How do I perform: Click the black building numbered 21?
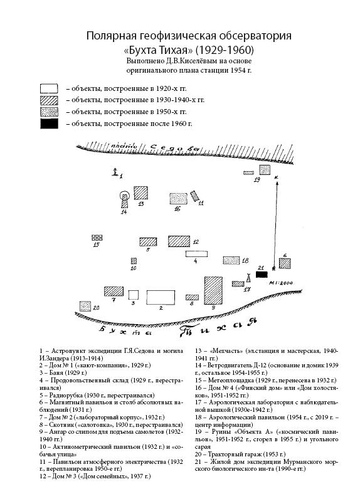pyautogui.click(x=262, y=275)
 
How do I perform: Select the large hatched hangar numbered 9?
pyautogui.click(x=213, y=290)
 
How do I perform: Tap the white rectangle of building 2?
pyautogui.click(x=161, y=297)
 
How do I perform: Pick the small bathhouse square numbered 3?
pyautogui.click(x=134, y=295)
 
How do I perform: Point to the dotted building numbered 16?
pyautogui.click(x=178, y=199)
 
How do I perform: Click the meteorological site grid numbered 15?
pyautogui.click(x=97, y=238)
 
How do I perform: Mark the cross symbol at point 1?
pyautogui.click(x=115, y=172)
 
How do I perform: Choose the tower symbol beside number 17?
pyautogui.click(x=248, y=278)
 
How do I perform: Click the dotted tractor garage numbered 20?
pyautogui.click(x=85, y=306)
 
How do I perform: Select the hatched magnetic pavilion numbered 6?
pyautogui.click(x=285, y=263)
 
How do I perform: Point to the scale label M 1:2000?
pyautogui.click(x=281, y=283)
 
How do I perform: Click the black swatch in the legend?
pyautogui.click(x=49, y=124)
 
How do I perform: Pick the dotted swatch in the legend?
pyautogui.click(x=49, y=112)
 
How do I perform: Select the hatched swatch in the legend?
pyautogui.click(x=49, y=100)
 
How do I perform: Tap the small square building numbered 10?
pyautogui.click(x=134, y=261)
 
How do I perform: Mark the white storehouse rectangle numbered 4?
pyautogui.click(x=196, y=254)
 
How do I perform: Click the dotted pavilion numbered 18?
pyautogui.click(x=231, y=260)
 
